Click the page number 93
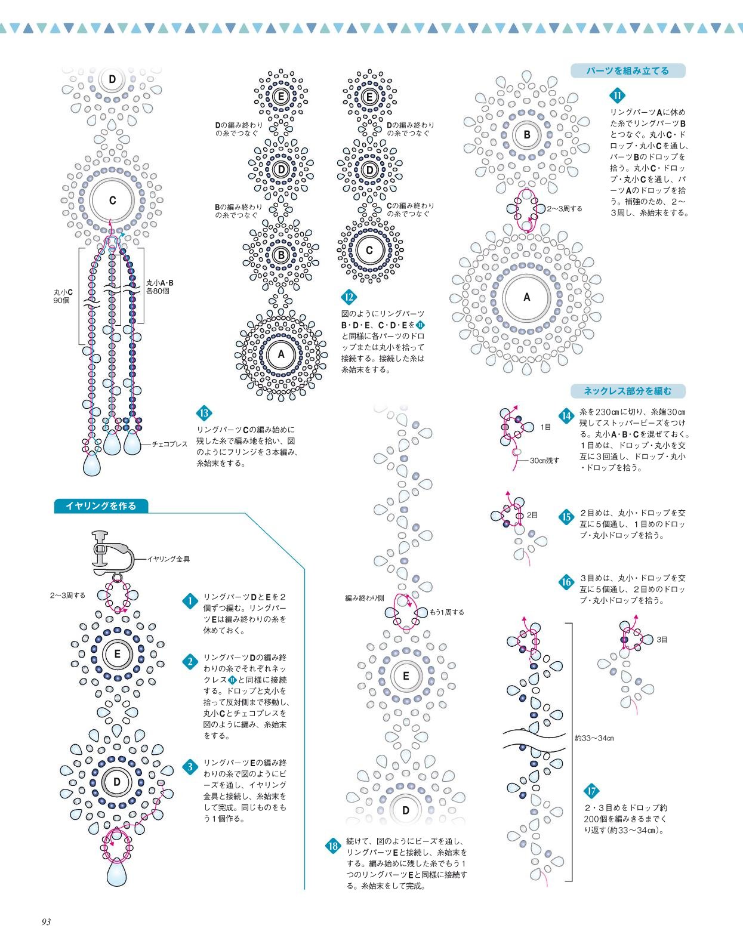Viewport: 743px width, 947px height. coord(46,922)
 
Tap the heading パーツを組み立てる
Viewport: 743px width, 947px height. coord(627,70)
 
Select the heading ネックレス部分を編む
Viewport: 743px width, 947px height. coord(628,391)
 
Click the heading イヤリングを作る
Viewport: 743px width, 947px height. coord(101,506)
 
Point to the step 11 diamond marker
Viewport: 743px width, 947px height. coord(616,95)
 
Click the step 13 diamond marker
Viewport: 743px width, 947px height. coord(204,413)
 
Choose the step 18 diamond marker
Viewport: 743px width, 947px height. coord(333,846)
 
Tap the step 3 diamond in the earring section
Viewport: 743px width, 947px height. coord(190,767)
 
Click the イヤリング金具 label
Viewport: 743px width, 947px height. coord(169,559)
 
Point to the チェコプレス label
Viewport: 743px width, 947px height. coord(169,444)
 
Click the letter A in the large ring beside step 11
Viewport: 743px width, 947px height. coord(527,297)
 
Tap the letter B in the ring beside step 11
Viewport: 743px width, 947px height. coord(527,135)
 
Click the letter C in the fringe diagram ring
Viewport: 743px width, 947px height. coord(112,200)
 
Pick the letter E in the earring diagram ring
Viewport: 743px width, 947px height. coord(117,653)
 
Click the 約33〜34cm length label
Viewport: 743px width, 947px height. coord(594,738)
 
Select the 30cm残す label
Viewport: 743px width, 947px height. coord(545,460)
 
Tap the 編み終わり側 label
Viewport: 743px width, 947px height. coord(365,598)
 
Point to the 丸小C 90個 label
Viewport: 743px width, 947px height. coord(63,297)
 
